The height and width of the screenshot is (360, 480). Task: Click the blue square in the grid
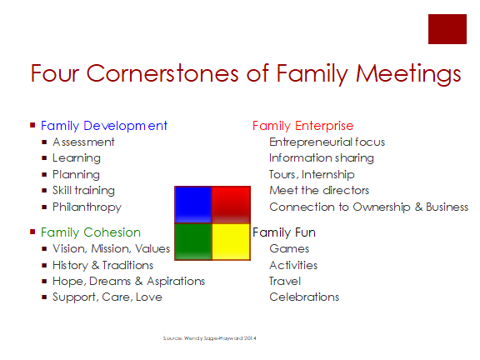pos(193,204)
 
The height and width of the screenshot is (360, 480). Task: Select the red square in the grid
pos(231,204)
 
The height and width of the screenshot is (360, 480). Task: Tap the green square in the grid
pos(193,242)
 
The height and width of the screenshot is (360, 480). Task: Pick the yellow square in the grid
pos(231,242)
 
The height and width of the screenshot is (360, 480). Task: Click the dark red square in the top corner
pos(447,29)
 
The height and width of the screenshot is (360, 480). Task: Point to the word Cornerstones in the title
pos(162,73)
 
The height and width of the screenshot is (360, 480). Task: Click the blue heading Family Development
pos(104,126)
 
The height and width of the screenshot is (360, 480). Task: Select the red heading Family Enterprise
pos(303,126)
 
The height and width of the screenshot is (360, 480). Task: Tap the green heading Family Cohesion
pos(91,232)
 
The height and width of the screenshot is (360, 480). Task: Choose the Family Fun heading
pos(284,232)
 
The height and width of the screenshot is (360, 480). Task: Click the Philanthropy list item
pos(87,207)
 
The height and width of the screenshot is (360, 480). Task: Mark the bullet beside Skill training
pos(44,190)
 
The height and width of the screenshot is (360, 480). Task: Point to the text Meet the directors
pos(319,190)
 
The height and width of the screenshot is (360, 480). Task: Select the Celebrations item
pos(304,297)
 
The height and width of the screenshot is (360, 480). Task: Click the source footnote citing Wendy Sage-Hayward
pos(210,338)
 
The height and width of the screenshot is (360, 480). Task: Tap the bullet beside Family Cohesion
pos(32,232)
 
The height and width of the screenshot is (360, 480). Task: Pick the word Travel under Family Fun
pos(285,281)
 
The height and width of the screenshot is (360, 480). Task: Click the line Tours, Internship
pos(312,174)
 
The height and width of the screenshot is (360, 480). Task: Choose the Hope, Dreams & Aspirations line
pos(128,282)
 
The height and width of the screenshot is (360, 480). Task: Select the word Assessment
pos(83,142)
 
